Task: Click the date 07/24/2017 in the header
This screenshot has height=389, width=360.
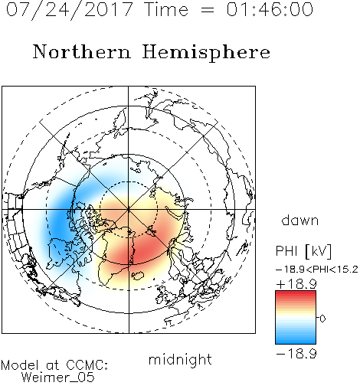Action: (69, 10)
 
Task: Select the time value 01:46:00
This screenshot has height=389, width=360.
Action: (270, 10)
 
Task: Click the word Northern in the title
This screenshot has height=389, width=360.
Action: (82, 51)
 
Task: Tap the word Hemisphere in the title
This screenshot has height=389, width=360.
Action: (206, 53)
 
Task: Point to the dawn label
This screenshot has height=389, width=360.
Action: (300, 220)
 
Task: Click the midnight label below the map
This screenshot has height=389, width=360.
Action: (180, 360)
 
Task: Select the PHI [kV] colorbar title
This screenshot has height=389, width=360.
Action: (303, 251)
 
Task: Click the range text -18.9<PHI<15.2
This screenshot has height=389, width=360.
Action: (317, 270)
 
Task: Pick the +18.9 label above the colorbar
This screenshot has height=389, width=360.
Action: (296, 284)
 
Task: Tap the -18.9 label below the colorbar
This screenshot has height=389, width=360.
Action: (296, 354)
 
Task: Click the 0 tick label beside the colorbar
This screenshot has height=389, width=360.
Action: (322, 319)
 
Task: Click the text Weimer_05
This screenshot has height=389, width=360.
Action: (58, 378)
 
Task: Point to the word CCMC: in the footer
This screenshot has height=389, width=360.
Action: (87, 365)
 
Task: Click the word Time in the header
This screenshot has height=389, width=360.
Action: (166, 10)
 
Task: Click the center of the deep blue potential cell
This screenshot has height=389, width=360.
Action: (59, 221)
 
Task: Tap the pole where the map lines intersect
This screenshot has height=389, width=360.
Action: (129, 210)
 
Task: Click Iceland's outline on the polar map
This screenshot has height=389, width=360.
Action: (138, 276)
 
